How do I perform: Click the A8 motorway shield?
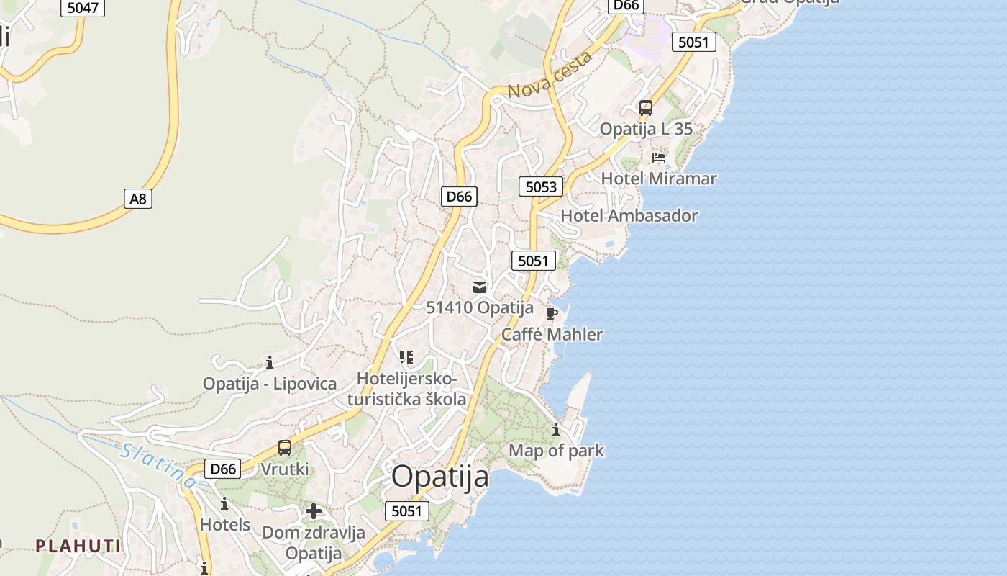138,199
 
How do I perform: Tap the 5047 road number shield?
83,8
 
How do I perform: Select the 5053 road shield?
541,187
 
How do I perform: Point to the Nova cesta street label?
550,74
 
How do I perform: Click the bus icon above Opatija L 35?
646,108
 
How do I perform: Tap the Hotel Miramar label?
659,179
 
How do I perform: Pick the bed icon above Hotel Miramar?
658,157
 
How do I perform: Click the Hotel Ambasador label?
629,215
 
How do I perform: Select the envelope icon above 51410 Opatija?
480,287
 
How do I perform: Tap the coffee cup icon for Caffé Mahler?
552,313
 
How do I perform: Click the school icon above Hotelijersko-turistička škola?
406,357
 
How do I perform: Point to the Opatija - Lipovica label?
270,384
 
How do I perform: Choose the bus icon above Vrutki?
285,448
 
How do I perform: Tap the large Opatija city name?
440,477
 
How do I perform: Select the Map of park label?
557,451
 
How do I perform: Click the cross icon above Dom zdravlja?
314,512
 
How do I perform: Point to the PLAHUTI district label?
78,546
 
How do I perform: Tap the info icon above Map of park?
556,430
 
